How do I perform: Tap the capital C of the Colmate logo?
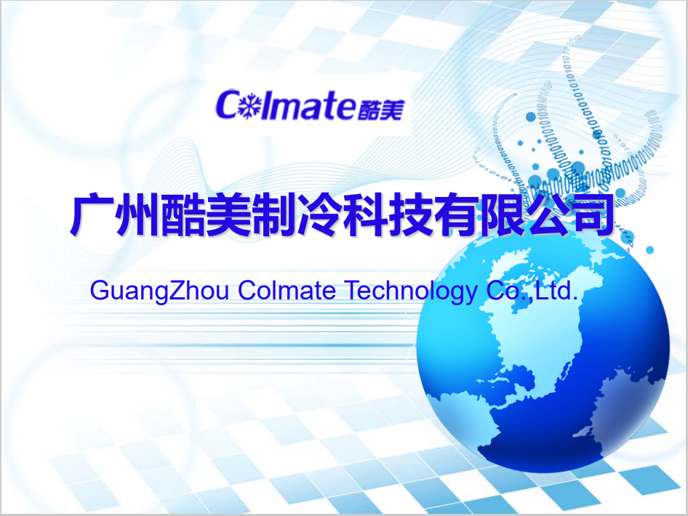coord(227,105)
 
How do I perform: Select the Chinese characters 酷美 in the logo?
coord(380,109)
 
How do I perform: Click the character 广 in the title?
coord(92,215)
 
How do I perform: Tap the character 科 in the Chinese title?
coord(366,215)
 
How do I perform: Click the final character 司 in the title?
coord(593,215)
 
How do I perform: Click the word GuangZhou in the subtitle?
coord(160,291)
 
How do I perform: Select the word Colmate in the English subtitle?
coord(287,290)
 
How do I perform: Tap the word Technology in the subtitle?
coord(411,291)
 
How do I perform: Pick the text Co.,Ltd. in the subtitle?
coord(532,290)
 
